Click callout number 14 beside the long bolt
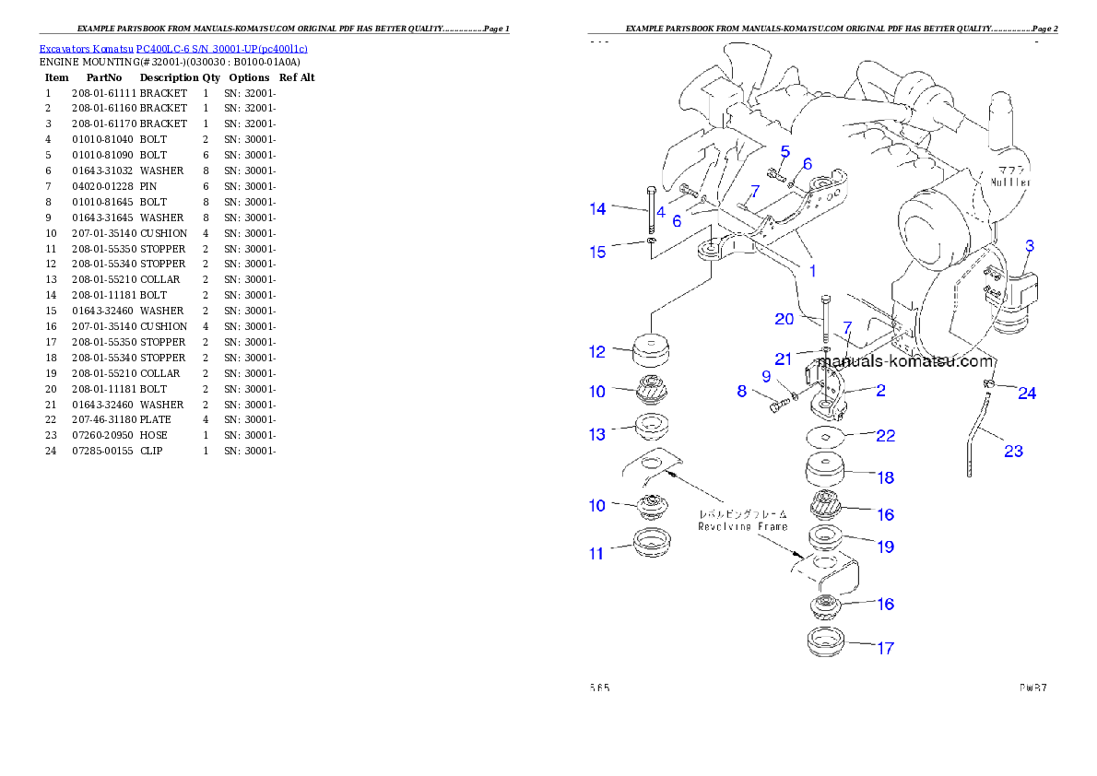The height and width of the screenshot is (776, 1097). pos(598,209)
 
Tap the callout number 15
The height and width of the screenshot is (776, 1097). pos(598,252)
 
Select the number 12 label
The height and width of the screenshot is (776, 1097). pos(597,351)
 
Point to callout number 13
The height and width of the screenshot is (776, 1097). pos(597,434)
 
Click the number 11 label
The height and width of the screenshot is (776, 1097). pos(597,553)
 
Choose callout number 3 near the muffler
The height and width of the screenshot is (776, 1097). pos(1030,246)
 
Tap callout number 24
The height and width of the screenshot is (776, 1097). pos(1027,394)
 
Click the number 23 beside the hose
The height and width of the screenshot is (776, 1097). pos(1013,452)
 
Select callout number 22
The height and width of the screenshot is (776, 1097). pos(885,436)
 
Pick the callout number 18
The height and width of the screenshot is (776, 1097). pos(885,477)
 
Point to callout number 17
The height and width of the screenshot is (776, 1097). pos(885,648)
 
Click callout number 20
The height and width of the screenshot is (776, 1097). pos(784,319)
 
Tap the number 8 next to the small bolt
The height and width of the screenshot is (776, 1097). pos(741,391)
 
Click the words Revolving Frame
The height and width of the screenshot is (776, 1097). pos(742,526)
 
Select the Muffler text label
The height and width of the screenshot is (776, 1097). pos(1010,182)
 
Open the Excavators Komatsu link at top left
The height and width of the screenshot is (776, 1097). pos(173,48)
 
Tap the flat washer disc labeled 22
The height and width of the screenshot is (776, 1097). pos(827,436)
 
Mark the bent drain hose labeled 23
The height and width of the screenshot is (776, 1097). pos(977,433)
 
